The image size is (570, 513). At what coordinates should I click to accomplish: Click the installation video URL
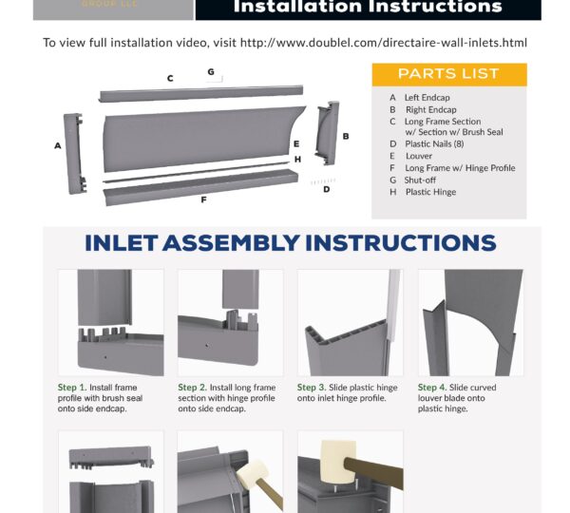(384, 43)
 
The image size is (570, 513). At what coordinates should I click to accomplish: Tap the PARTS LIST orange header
(449, 74)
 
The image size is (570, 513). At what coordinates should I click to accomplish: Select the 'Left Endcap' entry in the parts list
(427, 98)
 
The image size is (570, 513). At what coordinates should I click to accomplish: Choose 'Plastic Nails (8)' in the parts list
(434, 144)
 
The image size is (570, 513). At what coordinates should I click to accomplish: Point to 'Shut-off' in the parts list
(420, 180)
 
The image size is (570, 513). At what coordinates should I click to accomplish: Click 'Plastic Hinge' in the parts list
(430, 192)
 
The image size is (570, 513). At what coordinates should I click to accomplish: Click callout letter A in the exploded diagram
(57, 145)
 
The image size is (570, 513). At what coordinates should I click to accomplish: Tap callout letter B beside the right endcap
(346, 137)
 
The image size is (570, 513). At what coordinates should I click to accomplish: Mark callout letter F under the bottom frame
(203, 199)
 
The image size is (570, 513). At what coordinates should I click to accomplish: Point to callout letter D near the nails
(327, 189)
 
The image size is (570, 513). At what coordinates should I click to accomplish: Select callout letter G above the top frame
(211, 72)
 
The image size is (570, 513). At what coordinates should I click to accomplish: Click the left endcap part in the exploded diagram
(75, 154)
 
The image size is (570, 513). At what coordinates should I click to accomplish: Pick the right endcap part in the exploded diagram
(328, 133)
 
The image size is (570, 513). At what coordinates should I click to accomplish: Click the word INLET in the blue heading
(121, 243)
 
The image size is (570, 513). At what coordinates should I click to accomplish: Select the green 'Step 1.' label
(72, 388)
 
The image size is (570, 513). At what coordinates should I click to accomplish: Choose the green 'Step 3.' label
(312, 388)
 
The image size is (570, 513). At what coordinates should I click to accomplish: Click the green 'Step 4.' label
(432, 388)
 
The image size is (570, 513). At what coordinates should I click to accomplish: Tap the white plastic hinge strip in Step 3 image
(393, 305)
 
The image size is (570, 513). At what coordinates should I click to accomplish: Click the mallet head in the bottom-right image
(338, 461)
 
